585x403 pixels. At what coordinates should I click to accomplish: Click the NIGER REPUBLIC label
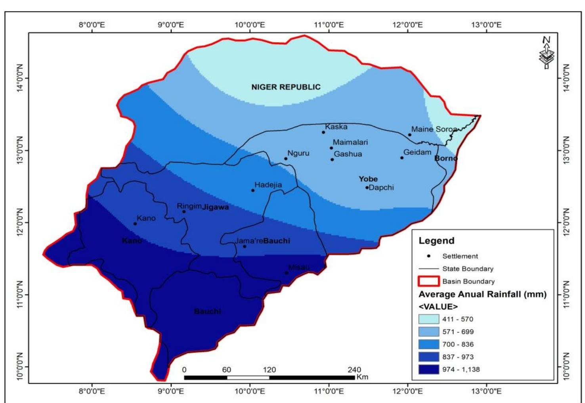click(x=286, y=87)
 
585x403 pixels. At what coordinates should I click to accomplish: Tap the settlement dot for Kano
click(x=135, y=224)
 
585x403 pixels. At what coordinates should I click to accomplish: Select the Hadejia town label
click(x=268, y=185)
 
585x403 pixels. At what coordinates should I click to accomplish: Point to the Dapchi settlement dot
click(x=367, y=188)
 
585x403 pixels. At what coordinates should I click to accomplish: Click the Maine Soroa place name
click(x=434, y=129)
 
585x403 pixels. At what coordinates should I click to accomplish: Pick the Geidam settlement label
click(x=417, y=152)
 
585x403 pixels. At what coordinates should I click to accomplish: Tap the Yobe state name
click(x=368, y=179)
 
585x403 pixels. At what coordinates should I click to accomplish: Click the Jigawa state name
click(x=216, y=207)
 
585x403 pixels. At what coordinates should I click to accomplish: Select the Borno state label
click(x=446, y=158)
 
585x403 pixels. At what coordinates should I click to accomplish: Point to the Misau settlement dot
click(x=287, y=273)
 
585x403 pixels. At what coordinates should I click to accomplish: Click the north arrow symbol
click(x=547, y=53)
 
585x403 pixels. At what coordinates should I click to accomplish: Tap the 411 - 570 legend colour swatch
click(x=429, y=319)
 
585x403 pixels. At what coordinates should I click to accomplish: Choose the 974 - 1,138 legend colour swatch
click(x=429, y=369)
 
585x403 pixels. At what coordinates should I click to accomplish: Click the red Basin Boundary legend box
click(x=429, y=282)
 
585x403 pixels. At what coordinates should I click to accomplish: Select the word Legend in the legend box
click(x=436, y=241)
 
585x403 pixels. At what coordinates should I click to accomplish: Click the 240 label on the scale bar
click(x=354, y=370)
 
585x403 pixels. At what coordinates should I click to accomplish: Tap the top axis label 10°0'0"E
click(x=250, y=25)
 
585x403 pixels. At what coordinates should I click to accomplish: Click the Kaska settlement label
click(x=336, y=127)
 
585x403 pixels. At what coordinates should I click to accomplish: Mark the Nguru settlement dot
click(x=286, y=159)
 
